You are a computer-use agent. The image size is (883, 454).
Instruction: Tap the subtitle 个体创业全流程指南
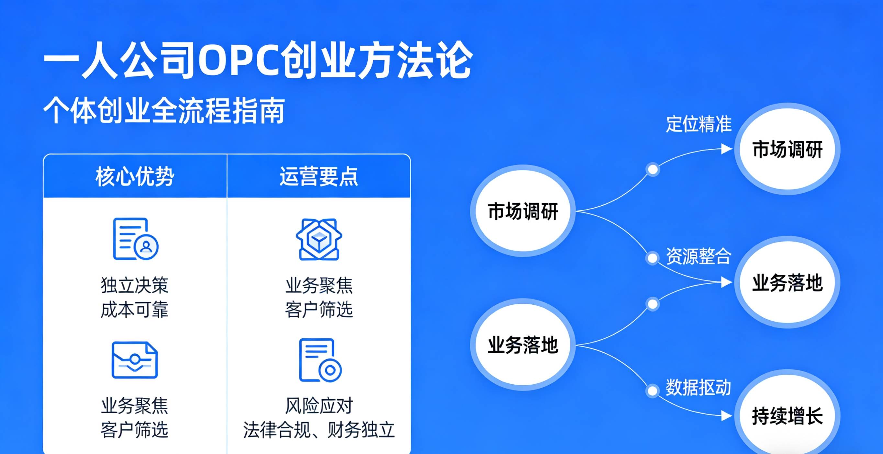pyautogui.click(x=164, y=110)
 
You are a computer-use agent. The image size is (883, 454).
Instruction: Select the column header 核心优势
pyautogui.click(x=135, y=177)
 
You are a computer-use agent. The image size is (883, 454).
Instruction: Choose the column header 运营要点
pyautogui.click(x=319, y=176)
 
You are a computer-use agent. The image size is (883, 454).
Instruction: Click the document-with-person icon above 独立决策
pyautogui.click(x=136, y=239)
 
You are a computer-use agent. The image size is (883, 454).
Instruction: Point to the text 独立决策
pyautogui.click(x=135, y=285)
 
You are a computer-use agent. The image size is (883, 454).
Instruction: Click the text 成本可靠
pyautogui.click(x=135, y=310)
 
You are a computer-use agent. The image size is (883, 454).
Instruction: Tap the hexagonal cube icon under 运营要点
pyautogui.click(x=319, y=239)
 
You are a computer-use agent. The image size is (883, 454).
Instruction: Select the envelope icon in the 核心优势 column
pyautogui.click(x=135, y=360)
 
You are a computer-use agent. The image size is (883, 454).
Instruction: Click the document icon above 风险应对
pyautogui.click(x=320, y=360)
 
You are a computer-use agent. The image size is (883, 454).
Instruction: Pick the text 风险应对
pyautogui.click(x=319, y=406)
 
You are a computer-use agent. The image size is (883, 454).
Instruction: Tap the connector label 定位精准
pyautogui.click(x=699, y=124)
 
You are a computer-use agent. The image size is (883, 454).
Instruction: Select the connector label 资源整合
pyautogui.click(x=699, y=256)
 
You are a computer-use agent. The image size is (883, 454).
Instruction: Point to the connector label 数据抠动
pyautogui.click(x=699, y=388)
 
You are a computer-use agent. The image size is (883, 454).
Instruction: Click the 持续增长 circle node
pyautogui.click(x=788, y=415)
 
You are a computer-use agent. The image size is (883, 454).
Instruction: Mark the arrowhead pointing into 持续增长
pyautogui.click(x=727, y=415)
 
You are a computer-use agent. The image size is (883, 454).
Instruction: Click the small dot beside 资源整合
pyautogui.click(x=652, y=258)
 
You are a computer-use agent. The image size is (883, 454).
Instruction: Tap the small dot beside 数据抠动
pyautogui.click(x=652, y=391)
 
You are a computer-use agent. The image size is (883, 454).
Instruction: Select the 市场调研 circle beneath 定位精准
pyautogui.click(x=788, y=149)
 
